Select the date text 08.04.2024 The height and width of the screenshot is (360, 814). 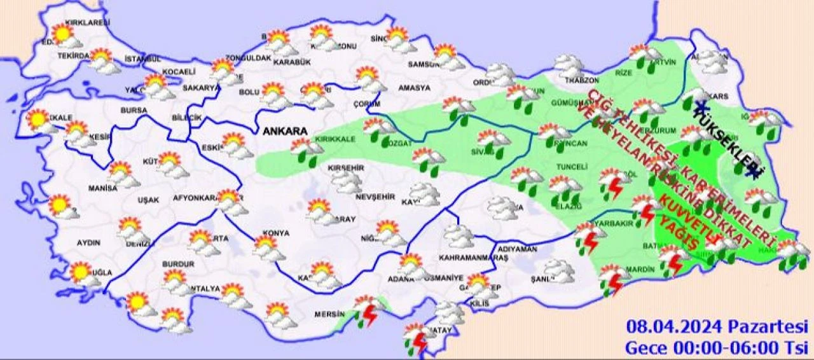[x=674, y=328]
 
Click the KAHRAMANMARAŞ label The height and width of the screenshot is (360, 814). [x=474, y=258]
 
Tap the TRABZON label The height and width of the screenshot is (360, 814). [x=582, y=81]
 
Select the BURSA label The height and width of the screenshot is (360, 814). [x=133, y=111]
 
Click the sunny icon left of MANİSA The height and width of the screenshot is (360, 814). [x=59, y=205]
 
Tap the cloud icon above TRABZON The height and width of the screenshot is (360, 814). [x=569, y=65]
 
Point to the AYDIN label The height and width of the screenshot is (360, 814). [x=88, y=243]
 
